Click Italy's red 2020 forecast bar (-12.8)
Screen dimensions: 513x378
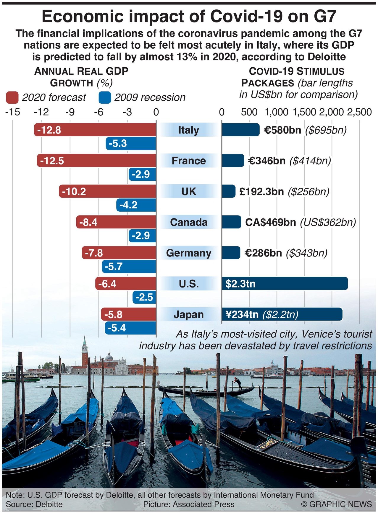(95, 130)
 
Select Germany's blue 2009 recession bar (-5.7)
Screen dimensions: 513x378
(129, 267)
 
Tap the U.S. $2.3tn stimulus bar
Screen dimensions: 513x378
(285, 284)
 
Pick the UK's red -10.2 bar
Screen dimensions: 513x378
(107, 192)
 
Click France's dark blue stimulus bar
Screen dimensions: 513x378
(233, 161)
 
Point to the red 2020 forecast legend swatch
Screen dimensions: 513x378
(12, 97)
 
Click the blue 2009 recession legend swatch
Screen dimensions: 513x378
(105, 97)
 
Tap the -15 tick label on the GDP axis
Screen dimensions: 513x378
(13, 112)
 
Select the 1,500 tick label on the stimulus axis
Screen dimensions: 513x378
(305, 112)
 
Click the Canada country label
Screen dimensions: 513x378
(189, 222)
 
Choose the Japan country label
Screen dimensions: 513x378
(189, 315)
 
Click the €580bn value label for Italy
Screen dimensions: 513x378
(282, 130)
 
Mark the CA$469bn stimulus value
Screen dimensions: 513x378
(271, 222)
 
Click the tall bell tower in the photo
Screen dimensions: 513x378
(85, 353)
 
